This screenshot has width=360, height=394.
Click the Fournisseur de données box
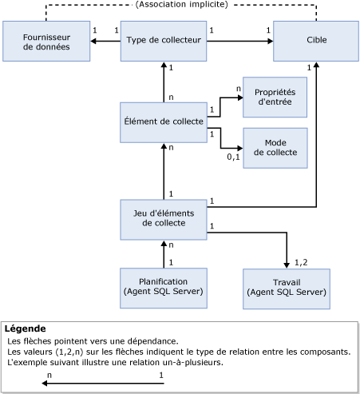click(46, 42)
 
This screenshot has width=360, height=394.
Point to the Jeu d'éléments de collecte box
click(164, 217)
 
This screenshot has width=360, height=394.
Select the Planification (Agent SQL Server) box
click(164, 288)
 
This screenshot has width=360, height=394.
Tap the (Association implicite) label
click(181, 5)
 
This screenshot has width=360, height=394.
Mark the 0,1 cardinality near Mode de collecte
click(234, 157)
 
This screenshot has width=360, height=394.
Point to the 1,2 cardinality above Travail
click(301, 261)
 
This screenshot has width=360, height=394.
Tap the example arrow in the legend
click(104, 383)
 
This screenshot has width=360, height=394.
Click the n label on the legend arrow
click(49, 374)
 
